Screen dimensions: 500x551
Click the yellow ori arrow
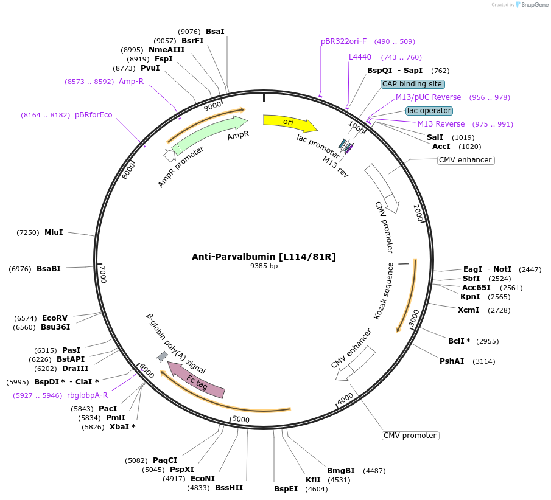pyautogui.click(x=289, y=122)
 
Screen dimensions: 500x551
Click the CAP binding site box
pyautogui.click(x=413, y=84)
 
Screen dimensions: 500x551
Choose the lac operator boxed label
pyautogui.click(x=429, y=111)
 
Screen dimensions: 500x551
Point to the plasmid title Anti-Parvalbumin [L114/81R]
pyautogui.click(x=264, y=257)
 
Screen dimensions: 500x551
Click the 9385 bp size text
pyautogui.click(x=264, y=266)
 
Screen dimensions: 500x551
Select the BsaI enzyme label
pyautogui.click(x=215, y=32)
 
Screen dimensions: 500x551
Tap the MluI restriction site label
pyautogui.click(x=54, y=232)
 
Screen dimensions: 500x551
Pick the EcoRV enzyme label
pyautogui.click(x=54, y=318)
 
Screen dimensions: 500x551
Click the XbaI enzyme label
pyautogui.click(x=122, y=427)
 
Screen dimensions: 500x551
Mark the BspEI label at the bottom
pyautogui.click(x=286, y=488)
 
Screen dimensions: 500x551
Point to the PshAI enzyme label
pyautogui.click(x=452, y=361)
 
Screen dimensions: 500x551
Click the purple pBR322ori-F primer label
pyautogui.click(x=344, y=41)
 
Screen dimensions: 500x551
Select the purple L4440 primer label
pyautogui.click(x=360, y=57)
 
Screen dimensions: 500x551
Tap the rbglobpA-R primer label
pyautogui.click(x=87, y=395)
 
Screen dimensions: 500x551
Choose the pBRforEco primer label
pyautogui.click(x=93, y=115)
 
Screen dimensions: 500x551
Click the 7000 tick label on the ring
pyautogui.click(x=104, y=274)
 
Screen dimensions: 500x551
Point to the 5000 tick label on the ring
pyautogui.click(x=241, y=419)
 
